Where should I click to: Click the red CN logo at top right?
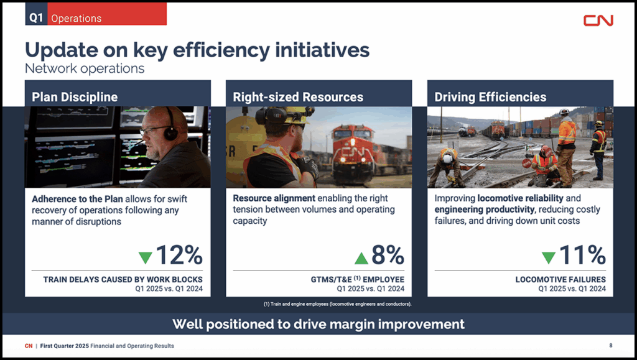[598, 21]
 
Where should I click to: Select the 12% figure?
[179, 255]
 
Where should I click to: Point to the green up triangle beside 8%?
[361, 258]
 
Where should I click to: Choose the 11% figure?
[582, 255]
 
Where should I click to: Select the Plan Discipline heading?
[75, 97]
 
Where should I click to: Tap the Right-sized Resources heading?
[298, 97]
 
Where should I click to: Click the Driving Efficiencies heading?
[490, 97]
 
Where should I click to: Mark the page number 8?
[611, 346]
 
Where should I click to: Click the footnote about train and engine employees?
[337, 304]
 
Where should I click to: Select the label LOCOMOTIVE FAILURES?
[560, 279]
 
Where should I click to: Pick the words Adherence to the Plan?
[77, 199]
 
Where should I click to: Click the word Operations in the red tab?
[77, 18]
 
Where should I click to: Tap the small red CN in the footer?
[29, 346]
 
